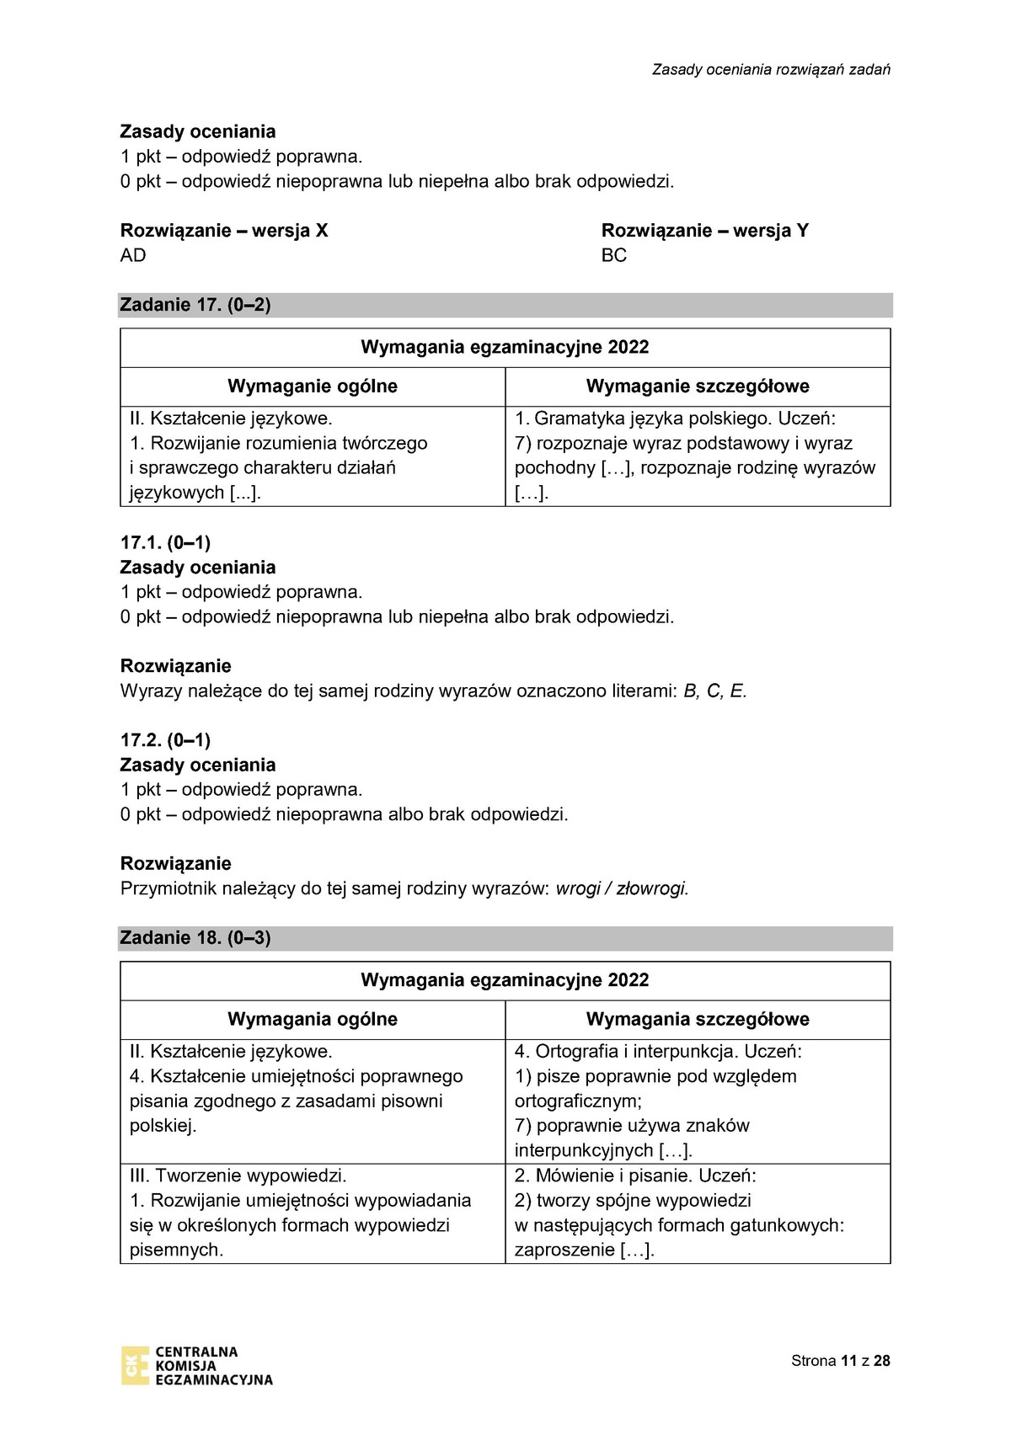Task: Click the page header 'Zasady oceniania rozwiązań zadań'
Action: (x=771, y=70)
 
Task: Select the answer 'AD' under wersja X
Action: (x=133, y=255)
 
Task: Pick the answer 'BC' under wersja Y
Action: (x=614, y=255)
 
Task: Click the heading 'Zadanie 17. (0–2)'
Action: (x=195, y=305)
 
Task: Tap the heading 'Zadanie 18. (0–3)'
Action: (x=195, y=938)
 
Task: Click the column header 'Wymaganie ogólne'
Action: (x=313, y=387)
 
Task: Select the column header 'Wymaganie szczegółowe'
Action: (x=698, y=387)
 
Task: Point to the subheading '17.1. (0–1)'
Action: (x=165, y=542)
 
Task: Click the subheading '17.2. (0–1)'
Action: (x=165, y=740)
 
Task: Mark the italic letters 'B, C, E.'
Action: (x=715, y=691)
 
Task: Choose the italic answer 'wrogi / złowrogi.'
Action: (x=623, y=888)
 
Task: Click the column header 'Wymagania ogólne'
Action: (x=313, y=1019)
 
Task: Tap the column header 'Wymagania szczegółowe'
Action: (x=698, y=1019)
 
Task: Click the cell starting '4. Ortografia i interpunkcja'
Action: (x=698, y=1101)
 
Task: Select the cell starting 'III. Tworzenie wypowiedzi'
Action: (x=313, y=1213)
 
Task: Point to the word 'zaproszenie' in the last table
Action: (x=564, y=1250)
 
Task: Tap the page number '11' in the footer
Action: (x=848, y=1361)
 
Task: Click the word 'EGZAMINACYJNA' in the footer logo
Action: (x=214, y=1379)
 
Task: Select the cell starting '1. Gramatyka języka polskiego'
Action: (x=698, y=456)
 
